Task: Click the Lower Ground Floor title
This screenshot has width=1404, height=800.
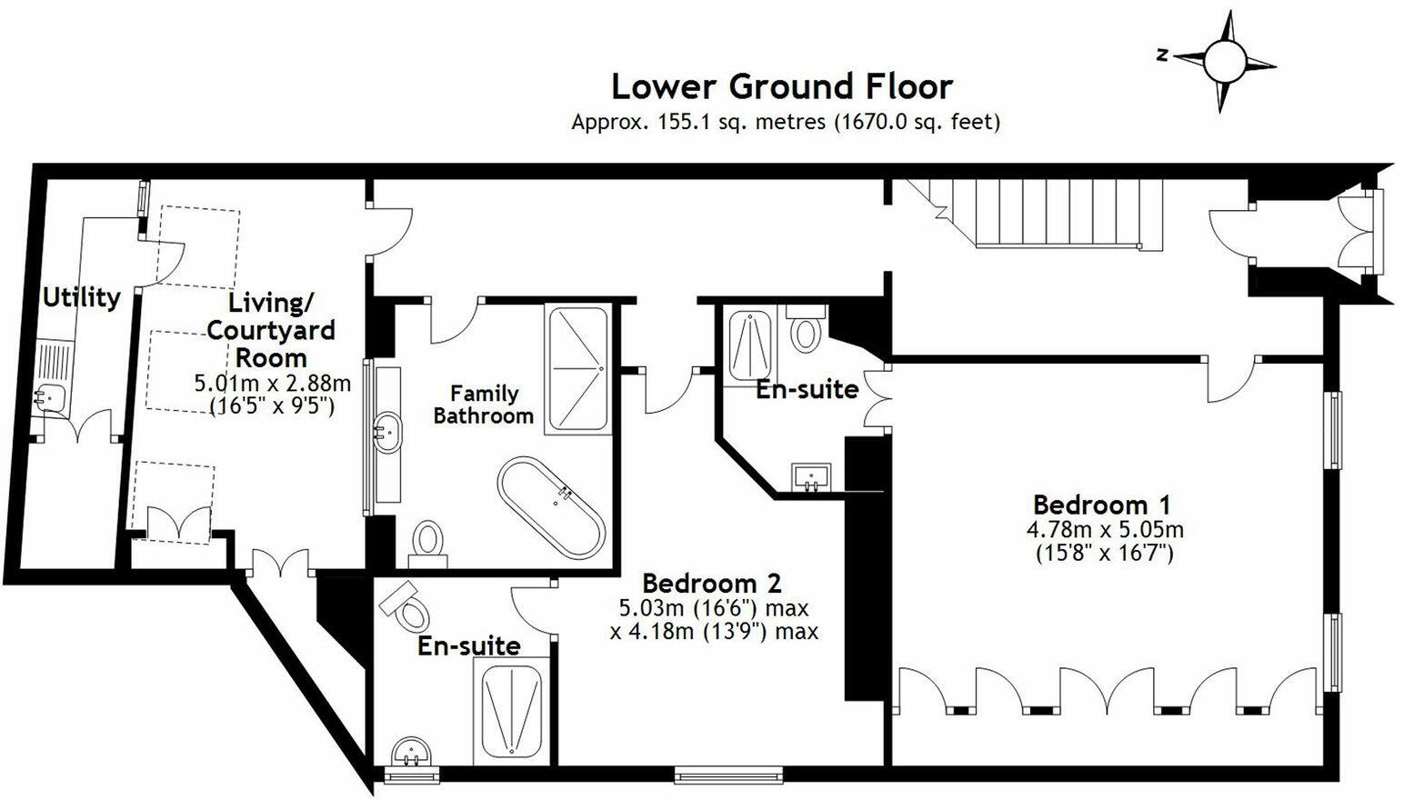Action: coord(782,86)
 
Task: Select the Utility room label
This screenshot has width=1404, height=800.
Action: coord(81,297)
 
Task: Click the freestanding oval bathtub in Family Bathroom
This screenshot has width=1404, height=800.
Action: coord(552,507)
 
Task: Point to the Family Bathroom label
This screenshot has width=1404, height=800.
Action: coord(483,404)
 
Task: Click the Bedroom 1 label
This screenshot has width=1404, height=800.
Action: coord(1101,505)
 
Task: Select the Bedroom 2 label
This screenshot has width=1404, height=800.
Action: coord(712,584)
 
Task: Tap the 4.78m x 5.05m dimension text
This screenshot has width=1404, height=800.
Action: coord(1105,530)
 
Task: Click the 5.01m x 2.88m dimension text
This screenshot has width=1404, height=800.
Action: coord(272,383)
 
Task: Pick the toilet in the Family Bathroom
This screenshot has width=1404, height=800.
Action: coord(428,544)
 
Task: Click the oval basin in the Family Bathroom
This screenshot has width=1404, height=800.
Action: coord(387,432)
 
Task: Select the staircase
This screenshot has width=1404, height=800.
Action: coord(1033,215)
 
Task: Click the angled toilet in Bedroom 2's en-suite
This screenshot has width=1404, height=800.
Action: coord(405,606)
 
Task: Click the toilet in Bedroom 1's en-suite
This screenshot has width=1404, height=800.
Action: coord(806,329)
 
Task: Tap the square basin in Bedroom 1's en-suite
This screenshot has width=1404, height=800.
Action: coord(811,477)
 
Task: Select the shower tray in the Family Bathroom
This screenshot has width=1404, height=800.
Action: coord(578,370)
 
